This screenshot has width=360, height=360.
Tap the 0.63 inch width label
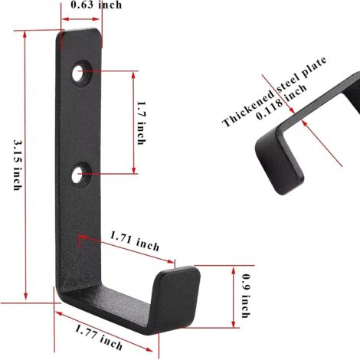pos(97,5)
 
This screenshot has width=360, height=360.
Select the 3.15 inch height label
pos(17,165)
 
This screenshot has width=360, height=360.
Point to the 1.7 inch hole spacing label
pos(141,123)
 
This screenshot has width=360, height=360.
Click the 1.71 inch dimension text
pos(134,241)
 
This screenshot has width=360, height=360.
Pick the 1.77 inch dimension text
pos(99,337)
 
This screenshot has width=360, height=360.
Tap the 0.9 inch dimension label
pos(246,296)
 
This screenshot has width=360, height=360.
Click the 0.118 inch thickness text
pos(281,102)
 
